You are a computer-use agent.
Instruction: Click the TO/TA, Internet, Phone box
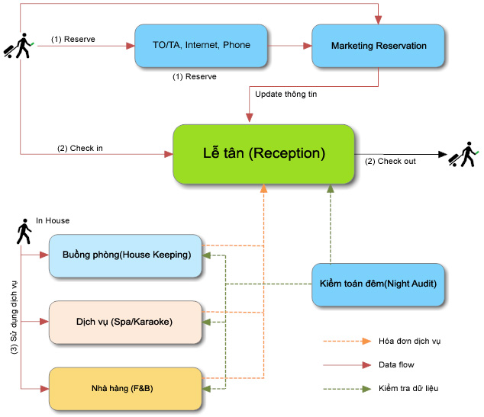pyautogui.click(x=202, y=46)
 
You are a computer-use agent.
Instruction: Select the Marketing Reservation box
pyautogui.click(x=378, y=46)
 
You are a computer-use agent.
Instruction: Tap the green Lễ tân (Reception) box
pyautogui.click(x=263, y=153)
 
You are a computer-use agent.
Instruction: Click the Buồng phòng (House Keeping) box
pyautogui.click(x=127, y=255)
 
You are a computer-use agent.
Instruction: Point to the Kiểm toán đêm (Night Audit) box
pyautogui.click(x=378, y=284)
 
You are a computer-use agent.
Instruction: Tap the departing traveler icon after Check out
pyautogui.click(x=463, y=155)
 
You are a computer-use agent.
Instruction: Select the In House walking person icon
pyautogui.click(x=24, y=232)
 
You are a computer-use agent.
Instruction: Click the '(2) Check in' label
pyautogui.click(x=80, y=148)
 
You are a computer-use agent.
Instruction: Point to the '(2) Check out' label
pyautogui.click(x=390, y=161)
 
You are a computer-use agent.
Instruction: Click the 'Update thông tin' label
pyautogui.click(x=286, y=95)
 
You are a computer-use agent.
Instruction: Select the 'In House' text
pyautogui.click(x=53, y=221)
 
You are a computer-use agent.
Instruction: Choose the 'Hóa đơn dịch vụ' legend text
pyautogui.click(x=409, y=341)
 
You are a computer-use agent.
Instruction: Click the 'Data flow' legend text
pyautogui.click(x=396, y=365)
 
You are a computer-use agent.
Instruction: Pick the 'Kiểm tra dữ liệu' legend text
pyautogui.click(x=408, y=389)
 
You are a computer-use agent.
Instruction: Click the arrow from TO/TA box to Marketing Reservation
pyautogui.click(x=291, y=46)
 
